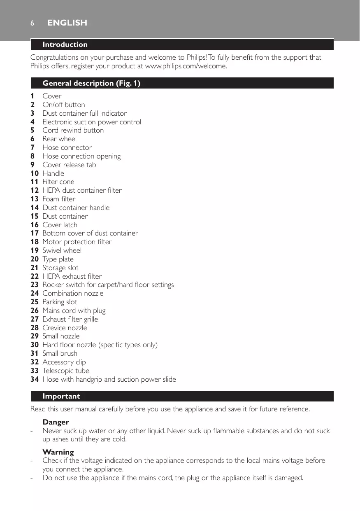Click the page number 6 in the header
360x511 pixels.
coord(32,23)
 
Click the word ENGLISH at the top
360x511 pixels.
coord(67,23)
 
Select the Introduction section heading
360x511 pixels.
coord(65,44)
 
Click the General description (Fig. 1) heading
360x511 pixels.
coord(91,83)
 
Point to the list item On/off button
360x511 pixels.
coord(64,105)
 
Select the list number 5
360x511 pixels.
coord(33,130)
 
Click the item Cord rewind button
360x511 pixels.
coord(73,130)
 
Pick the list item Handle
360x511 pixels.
coord(53,173)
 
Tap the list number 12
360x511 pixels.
coord(35,190)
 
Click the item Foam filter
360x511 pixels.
coord(59,199)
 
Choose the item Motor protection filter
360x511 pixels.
coord(77,242)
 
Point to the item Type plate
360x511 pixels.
coord(58,259)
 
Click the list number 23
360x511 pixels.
coord(35,285)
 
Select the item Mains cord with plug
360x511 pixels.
coord(74,310)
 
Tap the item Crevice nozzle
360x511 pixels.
coord(65,328)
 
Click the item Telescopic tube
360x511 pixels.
coord(66,371)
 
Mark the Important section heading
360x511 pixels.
coord(61,396)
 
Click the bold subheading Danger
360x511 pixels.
coord(56,422)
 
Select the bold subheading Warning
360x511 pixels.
coord(58,452)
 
